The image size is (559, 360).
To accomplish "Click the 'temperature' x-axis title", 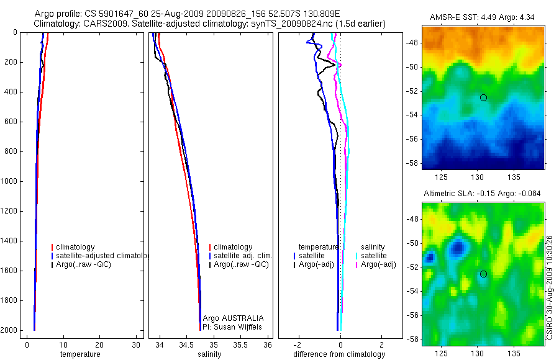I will click(x=80, y=354).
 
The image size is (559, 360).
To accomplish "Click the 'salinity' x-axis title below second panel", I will click(x=208, y=354).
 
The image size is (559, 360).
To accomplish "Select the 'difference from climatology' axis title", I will click(x=339, y=354).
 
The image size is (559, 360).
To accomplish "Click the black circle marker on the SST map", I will click(x=483, y=97).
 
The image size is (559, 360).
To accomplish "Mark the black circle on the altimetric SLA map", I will click(x=483, y=274).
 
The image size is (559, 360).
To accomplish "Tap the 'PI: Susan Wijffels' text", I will click(x=233, y=326).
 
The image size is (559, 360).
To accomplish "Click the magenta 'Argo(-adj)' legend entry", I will click(x=378, y=265).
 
